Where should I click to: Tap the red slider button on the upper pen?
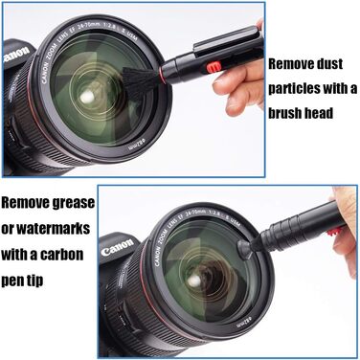[x=214, y=68]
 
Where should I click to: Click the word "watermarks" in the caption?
[x=53, y=229]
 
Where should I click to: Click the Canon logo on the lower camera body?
[x=117, y=247]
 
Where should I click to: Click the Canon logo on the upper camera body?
[x=16, y=55]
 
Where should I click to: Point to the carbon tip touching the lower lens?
[x=244, y=248]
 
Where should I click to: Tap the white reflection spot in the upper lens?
[x=86, y=98]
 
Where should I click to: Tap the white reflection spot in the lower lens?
[x=193, y=281]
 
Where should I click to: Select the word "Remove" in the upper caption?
[x=285, y=64]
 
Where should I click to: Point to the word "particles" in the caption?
[x=294, y=89]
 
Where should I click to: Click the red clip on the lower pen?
[x=332, y=232]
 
